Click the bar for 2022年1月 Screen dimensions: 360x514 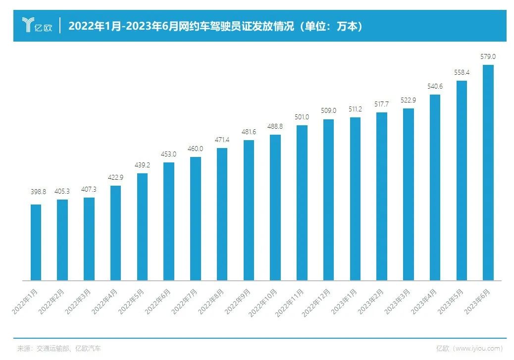coord(36,243)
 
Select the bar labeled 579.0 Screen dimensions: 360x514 coord(488,173)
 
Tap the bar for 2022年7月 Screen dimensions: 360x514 coord(195,219)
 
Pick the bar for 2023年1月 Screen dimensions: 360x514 coord(355,199)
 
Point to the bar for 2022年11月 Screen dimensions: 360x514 coord(302,203)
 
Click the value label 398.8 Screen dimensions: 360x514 coord(36,192)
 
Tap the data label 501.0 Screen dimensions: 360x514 coord(302,117)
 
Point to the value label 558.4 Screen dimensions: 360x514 coord(462,72)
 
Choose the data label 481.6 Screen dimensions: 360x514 coord(249,132)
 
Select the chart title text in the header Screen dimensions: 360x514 coord(216,26)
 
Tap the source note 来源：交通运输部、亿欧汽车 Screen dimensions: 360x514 coord(59,349)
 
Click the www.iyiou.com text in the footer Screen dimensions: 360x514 coord(478,349)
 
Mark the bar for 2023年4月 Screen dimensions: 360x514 coord(435,188)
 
